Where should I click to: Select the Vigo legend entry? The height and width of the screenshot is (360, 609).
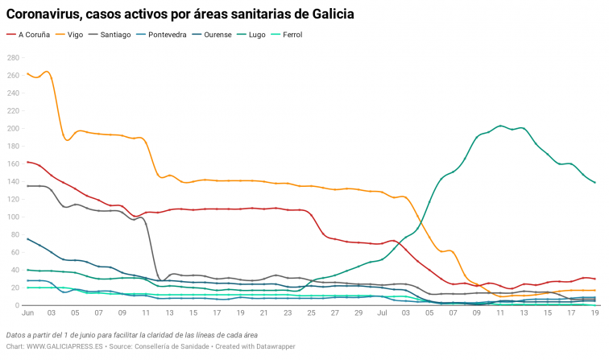[75, 35]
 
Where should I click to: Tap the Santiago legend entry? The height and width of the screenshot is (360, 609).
[114, 35]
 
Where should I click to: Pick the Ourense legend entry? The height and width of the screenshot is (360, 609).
[218, 35]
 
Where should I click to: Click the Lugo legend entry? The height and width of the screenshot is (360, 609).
[258, 35]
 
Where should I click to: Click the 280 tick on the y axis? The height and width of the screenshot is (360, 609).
[13, 57]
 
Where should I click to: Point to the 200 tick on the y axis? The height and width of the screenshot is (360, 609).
[13, 128]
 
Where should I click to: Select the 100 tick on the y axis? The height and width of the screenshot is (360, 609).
[13, 217]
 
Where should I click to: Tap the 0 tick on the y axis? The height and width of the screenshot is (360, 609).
[16, 305]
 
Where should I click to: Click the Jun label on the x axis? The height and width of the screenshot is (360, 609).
[27, 312]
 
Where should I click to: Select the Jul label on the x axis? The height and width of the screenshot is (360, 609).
[382, 312]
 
